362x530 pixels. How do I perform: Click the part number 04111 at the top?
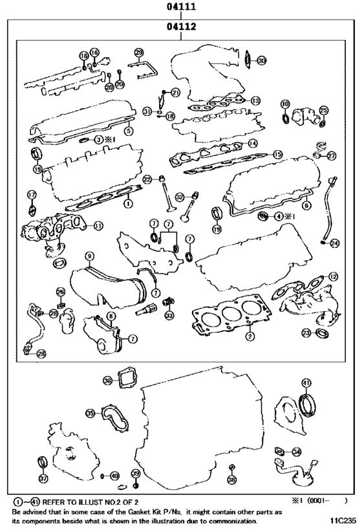[180, 7]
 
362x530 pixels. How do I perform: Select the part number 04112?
[180, 27]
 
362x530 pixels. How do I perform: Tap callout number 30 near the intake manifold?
[261, 61]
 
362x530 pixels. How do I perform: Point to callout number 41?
[306, 383]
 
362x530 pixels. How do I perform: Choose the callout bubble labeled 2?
[249, 337]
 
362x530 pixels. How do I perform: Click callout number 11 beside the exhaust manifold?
[98, 226]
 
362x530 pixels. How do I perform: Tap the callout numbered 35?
[90, 413]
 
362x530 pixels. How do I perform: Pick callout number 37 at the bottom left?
[43, 479]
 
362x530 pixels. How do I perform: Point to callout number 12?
[333, 276]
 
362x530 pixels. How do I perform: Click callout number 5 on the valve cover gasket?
[129, 131]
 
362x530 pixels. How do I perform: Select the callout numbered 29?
[138, 52]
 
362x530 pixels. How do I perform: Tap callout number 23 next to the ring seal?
[307, 333]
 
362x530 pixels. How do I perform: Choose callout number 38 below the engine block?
[232, 480]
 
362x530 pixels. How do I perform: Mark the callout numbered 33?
[169, 315]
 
